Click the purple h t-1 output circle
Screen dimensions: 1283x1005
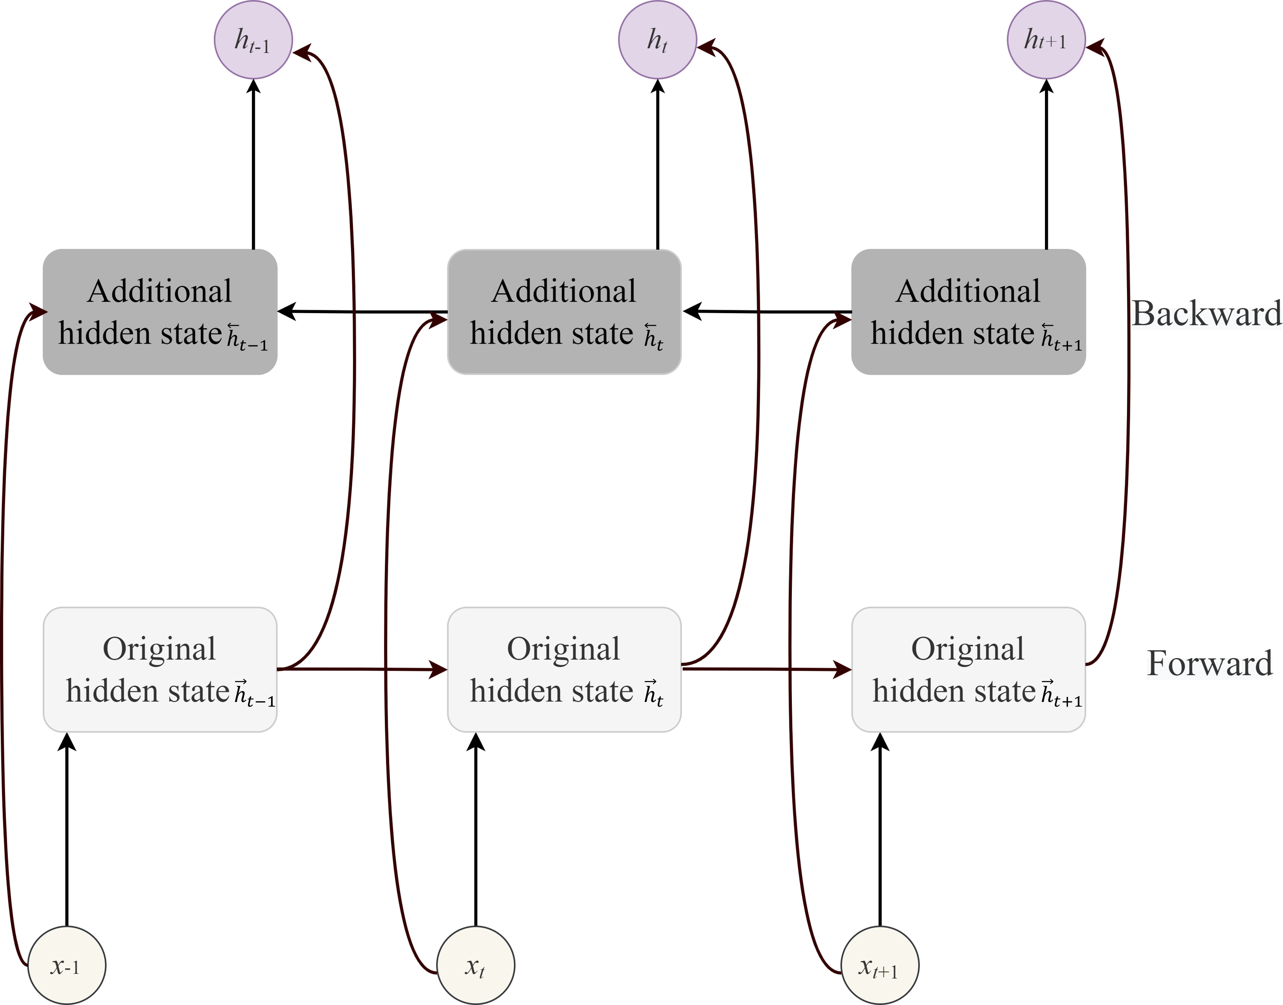pos(253,40)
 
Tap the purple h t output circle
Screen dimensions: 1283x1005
pos(657,40)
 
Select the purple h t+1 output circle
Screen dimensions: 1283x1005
pos(1046,40)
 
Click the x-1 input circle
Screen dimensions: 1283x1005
pos(67,966)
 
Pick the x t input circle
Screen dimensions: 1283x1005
pos(476,966)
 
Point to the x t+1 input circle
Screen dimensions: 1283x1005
pos(880,966)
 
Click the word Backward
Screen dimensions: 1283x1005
pos(1206,313)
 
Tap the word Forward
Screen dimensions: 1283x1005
pos(1209,663)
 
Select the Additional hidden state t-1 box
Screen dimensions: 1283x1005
pos(160,312)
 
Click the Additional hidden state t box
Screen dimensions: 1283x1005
pos(564,312)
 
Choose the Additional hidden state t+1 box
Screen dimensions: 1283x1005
pos(968,312)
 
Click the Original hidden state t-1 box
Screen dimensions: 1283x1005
pos(160,670)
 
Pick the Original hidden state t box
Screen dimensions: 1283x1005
pos(564,670)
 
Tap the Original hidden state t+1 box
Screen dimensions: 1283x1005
pos(968,670)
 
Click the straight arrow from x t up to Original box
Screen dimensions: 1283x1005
pos(476,830)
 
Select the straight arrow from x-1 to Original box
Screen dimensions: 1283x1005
pos(67,830)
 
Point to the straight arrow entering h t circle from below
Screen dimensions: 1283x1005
pos(657,164)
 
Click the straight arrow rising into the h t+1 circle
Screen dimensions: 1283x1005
pos(1046,164)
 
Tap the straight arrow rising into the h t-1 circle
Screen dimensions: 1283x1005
pos(254,164)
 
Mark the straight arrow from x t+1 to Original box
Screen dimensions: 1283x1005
pos(880,830)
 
